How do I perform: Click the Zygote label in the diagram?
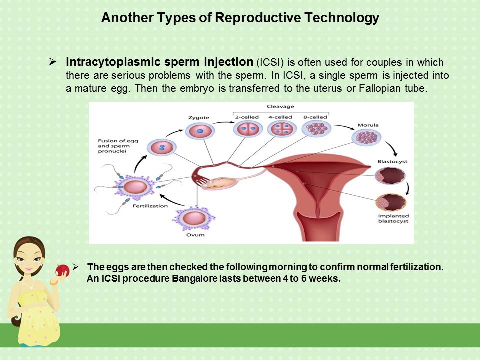[x=199, y=118]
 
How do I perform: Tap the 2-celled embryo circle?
[x=246, y=129]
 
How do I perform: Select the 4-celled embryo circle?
[x=280, y=129]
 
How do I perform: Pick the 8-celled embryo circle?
[x=316, y=129]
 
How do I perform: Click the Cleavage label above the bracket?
[x=280, y=106]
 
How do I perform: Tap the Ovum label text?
[x=193, y=234]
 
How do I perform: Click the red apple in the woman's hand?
[x=62, y=271]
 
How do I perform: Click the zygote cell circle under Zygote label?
[x=199, y=131]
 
